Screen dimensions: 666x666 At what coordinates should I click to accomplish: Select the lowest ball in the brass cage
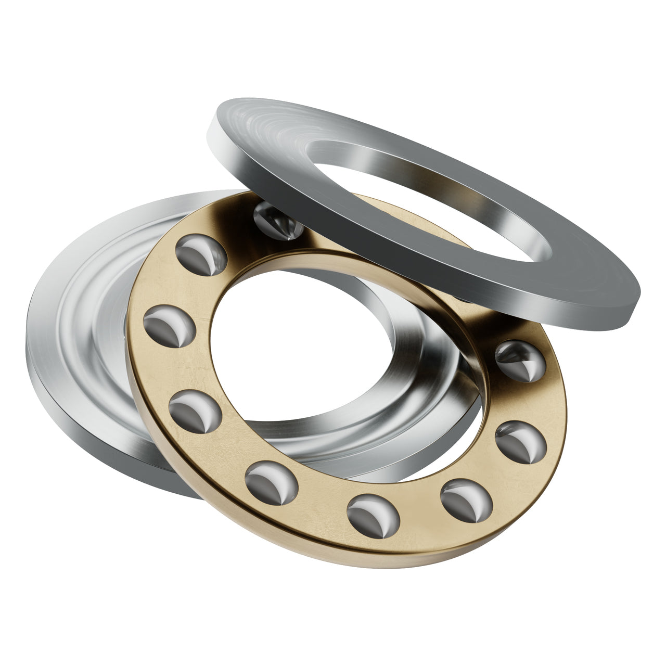point(372,517)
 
